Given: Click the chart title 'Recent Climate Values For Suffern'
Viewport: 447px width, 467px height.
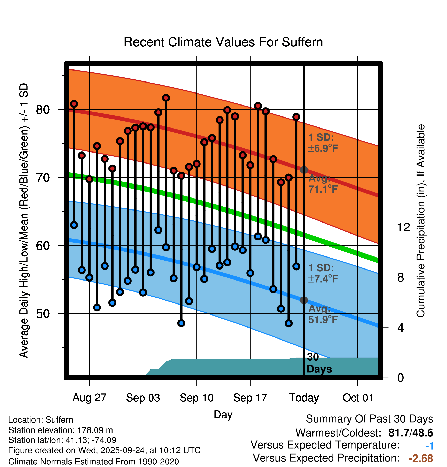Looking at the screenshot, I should [x=223, y=42].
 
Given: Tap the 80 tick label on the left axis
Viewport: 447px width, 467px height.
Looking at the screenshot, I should [x=43, y=110].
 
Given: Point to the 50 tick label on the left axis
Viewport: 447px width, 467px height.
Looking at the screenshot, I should [x=43, y=314].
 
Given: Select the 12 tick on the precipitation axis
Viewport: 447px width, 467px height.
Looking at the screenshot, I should [x=403, y=227].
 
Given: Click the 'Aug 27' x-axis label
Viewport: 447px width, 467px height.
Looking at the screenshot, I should [x=89, y=398].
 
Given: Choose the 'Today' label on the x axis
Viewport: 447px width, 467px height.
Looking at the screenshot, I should [x=304, y=398].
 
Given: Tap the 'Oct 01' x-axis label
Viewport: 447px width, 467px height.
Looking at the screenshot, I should [x=358, y=398].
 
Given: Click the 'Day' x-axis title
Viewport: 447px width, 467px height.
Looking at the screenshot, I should [x=223, y=415].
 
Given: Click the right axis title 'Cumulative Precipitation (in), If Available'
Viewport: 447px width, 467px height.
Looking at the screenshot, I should [x=421, y=221].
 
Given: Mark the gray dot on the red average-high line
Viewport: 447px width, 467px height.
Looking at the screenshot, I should [x=304, y=170].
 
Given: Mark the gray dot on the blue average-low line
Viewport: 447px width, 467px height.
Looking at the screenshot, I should [x=304, y=300].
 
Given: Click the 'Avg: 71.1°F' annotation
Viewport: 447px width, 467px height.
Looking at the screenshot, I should [x=323, y=184].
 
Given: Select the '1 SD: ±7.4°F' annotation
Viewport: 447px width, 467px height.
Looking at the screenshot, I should [x=323, y=273].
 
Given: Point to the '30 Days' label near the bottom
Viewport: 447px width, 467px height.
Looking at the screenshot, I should [x=319, y=363].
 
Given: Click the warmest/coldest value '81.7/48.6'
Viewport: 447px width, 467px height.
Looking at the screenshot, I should [x=410, y=433].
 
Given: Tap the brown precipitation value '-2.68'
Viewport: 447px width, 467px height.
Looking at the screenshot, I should [x=421, y=458].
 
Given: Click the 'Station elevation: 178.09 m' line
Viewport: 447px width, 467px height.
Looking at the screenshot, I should [x=61, y=430].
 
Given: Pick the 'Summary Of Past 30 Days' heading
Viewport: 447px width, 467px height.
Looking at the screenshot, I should [x=369, y=419].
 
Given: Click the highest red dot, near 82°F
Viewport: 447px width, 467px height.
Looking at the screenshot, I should [x=166, y=98].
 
